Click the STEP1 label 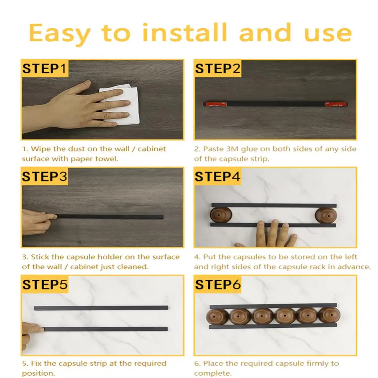click(44, 69)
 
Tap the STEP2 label click(217, 69)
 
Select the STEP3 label click(45, 177)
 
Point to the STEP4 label click(217, 177)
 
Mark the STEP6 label click(218, 285)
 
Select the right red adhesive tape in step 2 click(336, 104)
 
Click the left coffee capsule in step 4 click(221, 215)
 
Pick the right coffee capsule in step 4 click(326, 215)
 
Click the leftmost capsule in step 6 click(217, 316)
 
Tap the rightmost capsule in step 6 click(329, 315)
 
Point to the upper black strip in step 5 click(101, 308)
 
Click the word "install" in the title click(185, 33)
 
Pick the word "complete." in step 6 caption click(213, 373)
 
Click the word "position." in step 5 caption click(39, 373)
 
